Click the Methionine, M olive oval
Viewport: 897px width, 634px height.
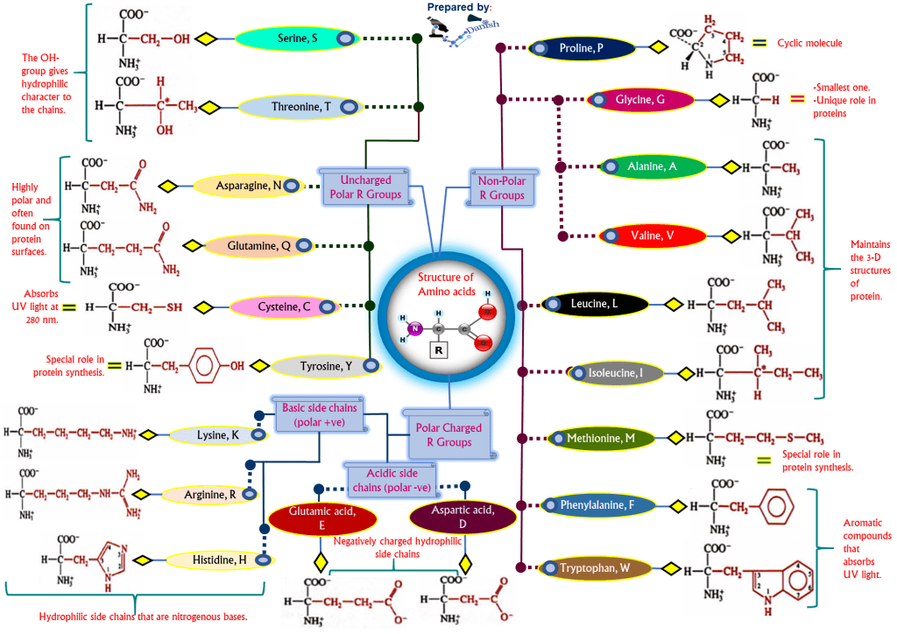point(604,438)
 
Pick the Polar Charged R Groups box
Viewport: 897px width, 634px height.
point(448,434)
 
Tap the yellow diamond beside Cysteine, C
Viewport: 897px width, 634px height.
point(204,307)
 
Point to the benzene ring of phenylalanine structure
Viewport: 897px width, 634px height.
point(775,507)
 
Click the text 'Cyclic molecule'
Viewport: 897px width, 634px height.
point(810,43)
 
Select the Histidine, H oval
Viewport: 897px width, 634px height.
point(219,560)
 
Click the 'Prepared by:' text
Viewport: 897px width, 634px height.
point(458,8)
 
